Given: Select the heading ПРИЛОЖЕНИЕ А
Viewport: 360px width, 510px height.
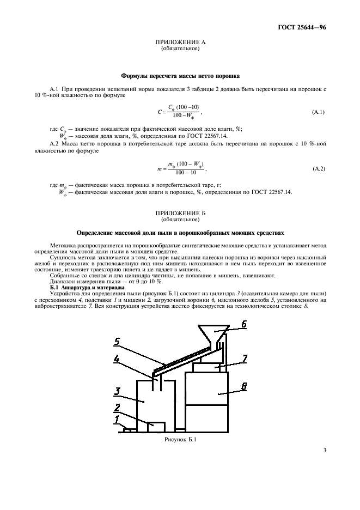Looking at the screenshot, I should [x=180, y=42].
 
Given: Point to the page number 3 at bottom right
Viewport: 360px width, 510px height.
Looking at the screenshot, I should [x=325, y=450].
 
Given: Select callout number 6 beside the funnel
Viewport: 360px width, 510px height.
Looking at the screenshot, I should [x=245, y=324].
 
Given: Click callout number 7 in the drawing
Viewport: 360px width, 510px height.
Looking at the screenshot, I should [x=245, y=358].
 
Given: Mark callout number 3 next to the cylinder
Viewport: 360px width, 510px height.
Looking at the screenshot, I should [x=117, y=391].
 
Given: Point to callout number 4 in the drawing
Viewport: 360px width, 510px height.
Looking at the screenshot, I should [x=117, y=359].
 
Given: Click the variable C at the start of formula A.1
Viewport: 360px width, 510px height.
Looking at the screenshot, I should [x=159, y=112].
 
